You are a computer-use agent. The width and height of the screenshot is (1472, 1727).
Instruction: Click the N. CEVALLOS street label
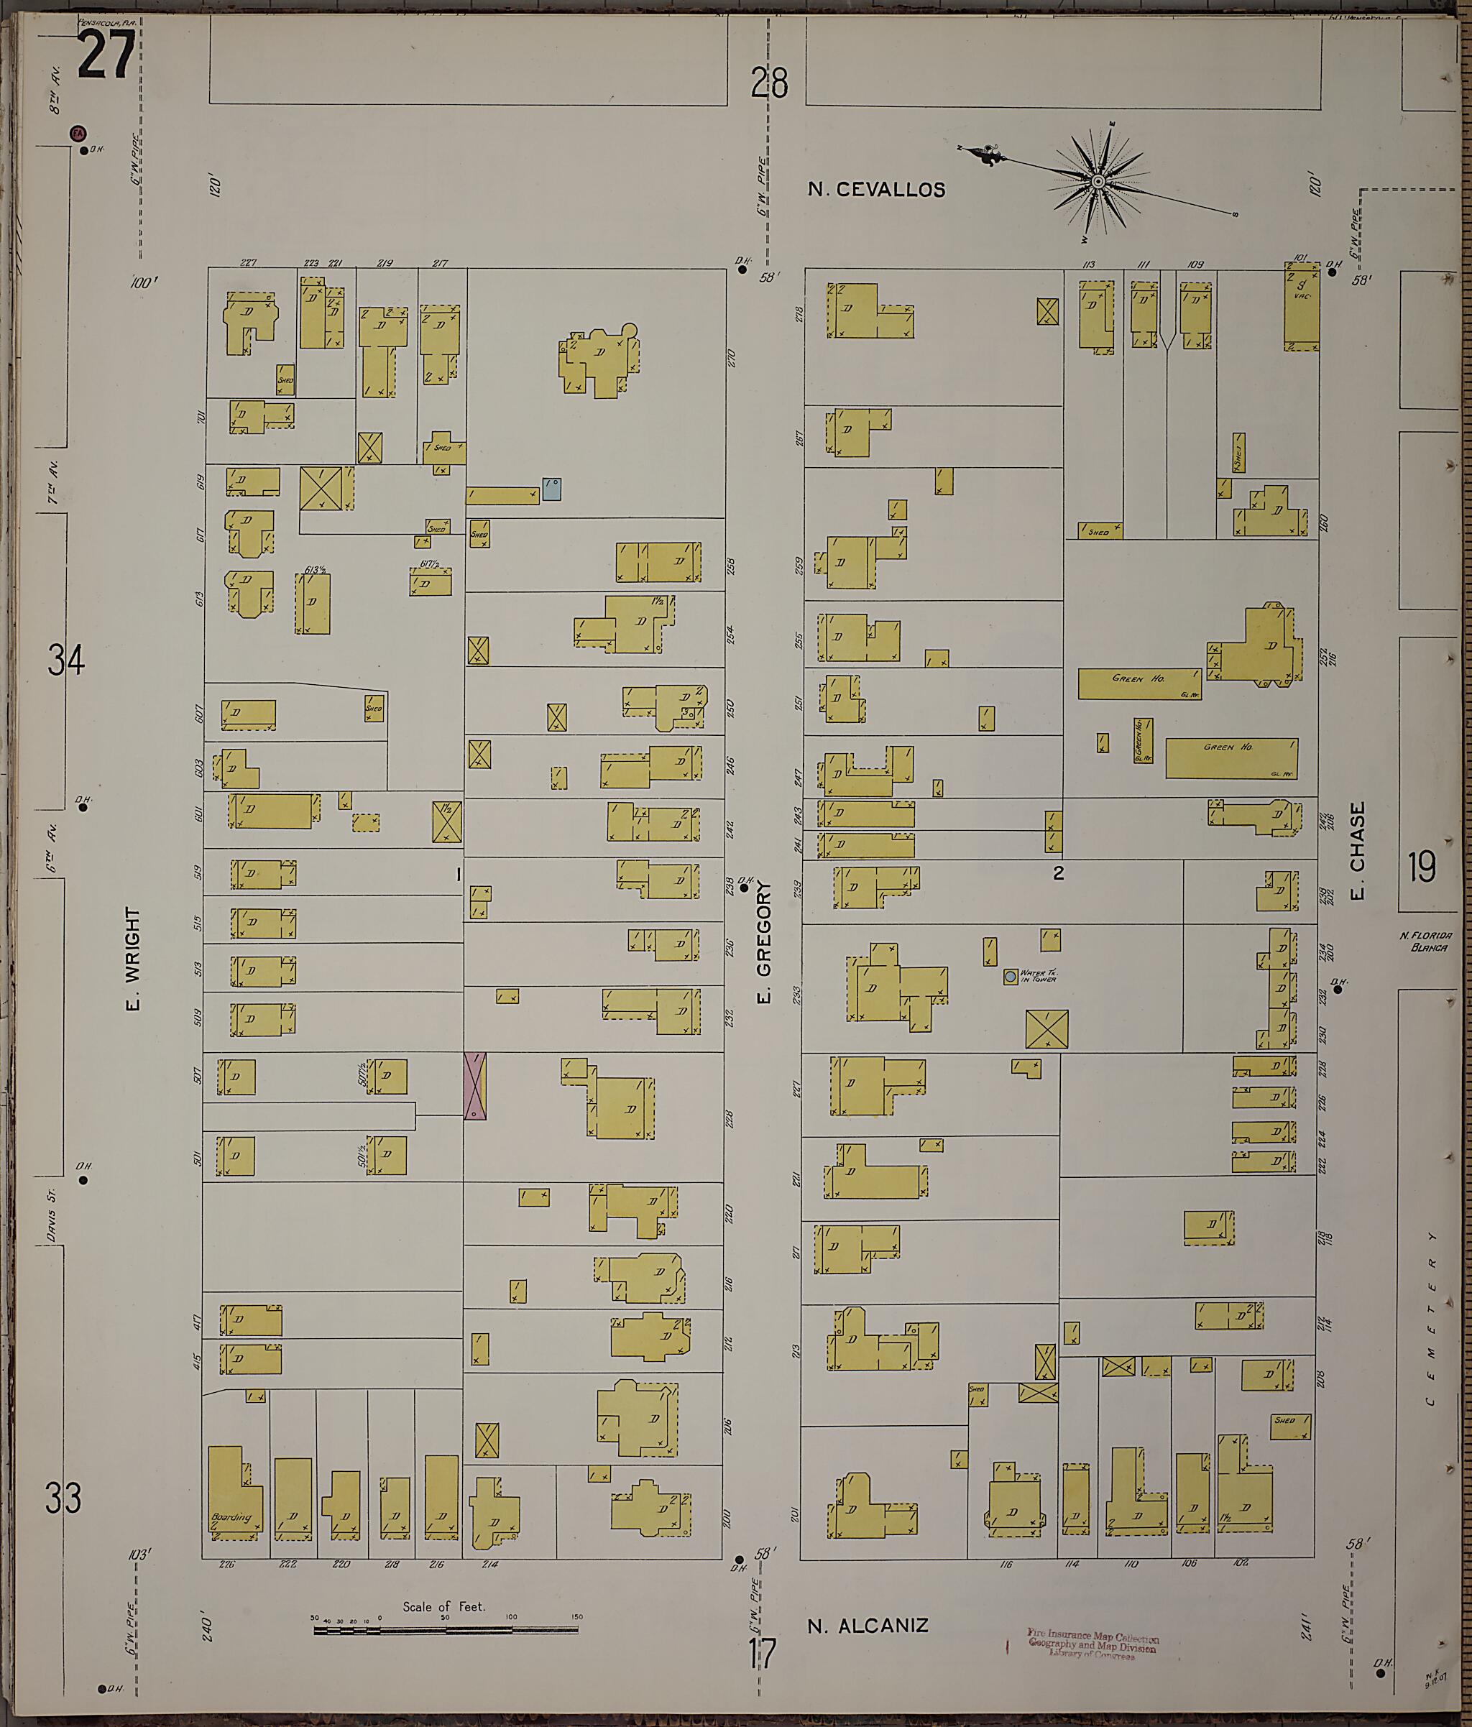coord(876,190)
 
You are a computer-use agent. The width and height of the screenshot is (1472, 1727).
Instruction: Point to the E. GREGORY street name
coord(765,942)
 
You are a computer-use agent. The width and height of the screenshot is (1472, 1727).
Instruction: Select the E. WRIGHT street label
coord(134,959)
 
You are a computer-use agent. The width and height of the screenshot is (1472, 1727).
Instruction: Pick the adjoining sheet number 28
coord(768,83)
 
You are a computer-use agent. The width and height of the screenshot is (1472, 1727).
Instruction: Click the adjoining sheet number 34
coord(66,663)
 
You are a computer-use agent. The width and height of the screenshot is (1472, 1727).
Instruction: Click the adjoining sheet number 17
coord(763,1654)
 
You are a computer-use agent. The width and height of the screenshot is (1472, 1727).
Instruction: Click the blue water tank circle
coord(1011,976)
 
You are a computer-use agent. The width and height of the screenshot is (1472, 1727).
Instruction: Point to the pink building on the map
coord(475,1085)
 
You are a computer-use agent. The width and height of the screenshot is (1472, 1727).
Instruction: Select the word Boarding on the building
coord(231,1517)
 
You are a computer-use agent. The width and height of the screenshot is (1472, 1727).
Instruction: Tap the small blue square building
coord(552,489)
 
